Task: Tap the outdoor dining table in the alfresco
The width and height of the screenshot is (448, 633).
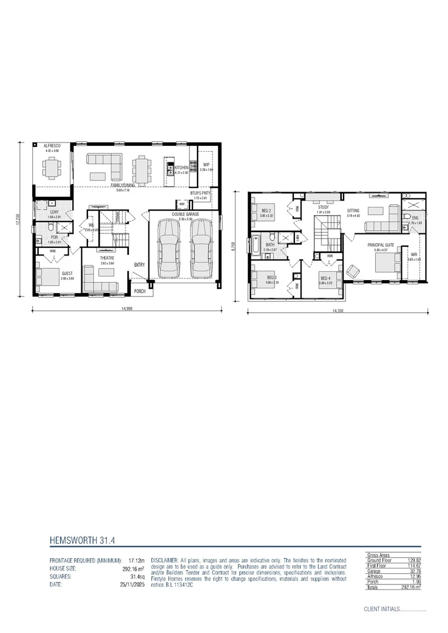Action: pos(53,167)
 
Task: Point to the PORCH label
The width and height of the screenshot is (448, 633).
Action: pos(140,291)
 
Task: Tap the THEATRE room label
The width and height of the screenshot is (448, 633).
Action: pos(106,258)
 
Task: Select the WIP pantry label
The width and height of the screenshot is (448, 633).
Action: pos(206,165)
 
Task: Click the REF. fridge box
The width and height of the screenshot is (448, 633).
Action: pos(182,204)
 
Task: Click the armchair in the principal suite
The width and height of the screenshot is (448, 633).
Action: pos(354,271)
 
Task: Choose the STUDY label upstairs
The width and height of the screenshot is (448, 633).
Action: pos(324,207)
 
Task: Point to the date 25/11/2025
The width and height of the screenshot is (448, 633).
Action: pos(133,584)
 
